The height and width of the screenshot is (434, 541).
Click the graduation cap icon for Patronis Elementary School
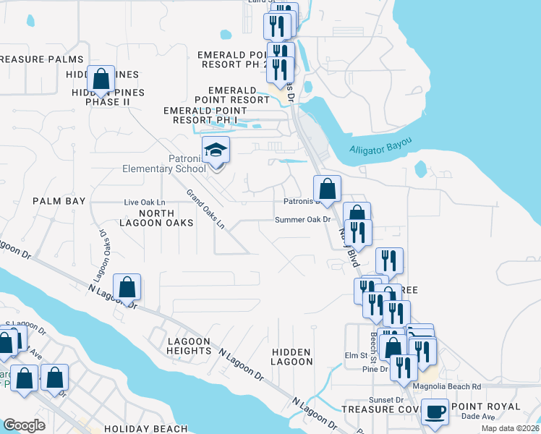216,151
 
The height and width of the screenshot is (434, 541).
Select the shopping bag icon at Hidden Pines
101,78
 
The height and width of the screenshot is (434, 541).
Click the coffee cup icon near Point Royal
434,412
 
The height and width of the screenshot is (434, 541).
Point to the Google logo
24,425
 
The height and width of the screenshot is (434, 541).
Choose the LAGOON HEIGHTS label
188,346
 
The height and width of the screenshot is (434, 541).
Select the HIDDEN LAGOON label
291,356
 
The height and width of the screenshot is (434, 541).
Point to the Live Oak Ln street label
145,202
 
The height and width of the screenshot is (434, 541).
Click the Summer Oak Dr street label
302,219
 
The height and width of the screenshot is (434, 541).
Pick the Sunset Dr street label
388,399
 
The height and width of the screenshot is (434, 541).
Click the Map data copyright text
509,427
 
